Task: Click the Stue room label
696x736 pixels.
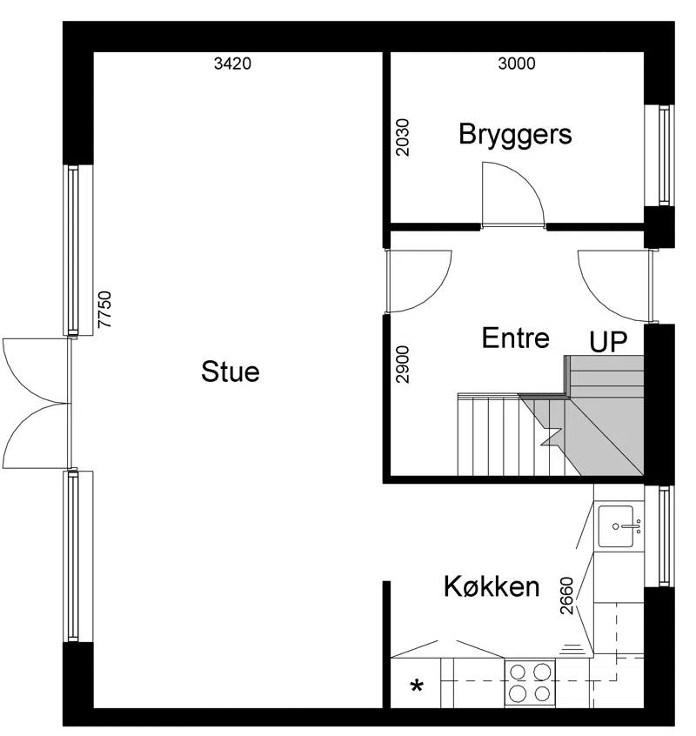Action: pyautogui.click(x=230, y=371)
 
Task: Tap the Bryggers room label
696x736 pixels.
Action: pyautogui.click(x=515, y=134)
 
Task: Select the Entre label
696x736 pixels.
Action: pyautogui.click(x=515, y=338)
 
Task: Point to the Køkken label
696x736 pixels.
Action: pyautogui.click(x=492, y=586)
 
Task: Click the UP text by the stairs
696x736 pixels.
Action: pyautogui.click(x=608, y=342)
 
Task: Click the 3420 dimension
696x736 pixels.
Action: pyautogui.click(x=232, y=64)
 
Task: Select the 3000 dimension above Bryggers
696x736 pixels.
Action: pyautogui.click(x=516, y=64)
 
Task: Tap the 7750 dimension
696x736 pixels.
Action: pyautogui.click(x=104, y=310)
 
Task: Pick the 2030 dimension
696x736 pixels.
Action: pyautogui.click(x=403, y=137)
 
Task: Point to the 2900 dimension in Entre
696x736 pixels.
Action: pyautogui.click(x=403, y=365)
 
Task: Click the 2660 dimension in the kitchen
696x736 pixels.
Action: pyautogui.click(x=567, y=596)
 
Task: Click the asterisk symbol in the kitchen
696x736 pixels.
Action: pyautogui.click(x=417, y=687)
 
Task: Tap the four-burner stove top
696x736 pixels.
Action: pyautogui.click(x=530, y=683)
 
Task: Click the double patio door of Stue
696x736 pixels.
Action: pyautogui.click(x=37, y=403)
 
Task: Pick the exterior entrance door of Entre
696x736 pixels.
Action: pyautogui.click(x=616, y=286)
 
